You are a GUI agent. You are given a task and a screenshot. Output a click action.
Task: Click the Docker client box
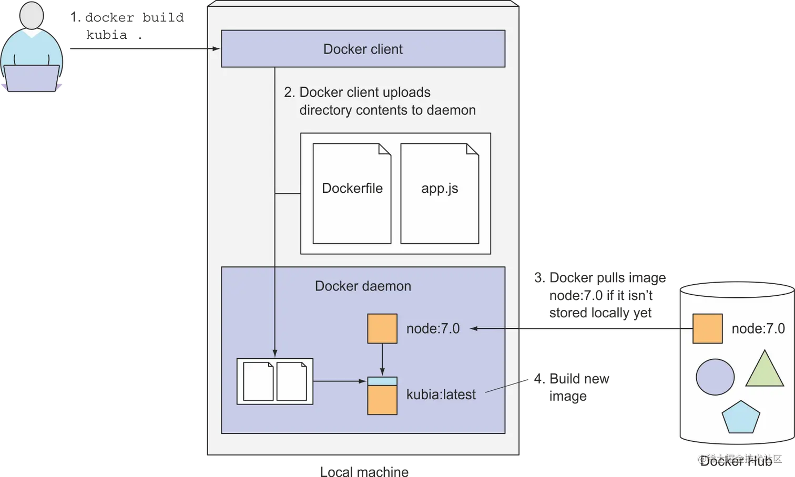pyautogui.click(x=363, y=49)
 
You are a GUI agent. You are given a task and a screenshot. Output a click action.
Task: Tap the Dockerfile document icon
pyautogui.click(x=352, y=194)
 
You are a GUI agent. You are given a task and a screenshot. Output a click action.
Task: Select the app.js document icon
pyautogui.click(x=440, y=194)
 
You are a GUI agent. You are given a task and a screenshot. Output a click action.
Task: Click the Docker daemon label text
pyautogui.click(x=363, y=286)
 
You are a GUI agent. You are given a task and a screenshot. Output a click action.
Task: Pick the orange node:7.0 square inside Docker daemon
pyautogui.click(x=382, y=329)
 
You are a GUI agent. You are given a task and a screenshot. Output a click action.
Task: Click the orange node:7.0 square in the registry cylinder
pyautogui.click(x=707, y=329)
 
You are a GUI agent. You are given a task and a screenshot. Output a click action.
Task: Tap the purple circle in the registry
pyautogui.click(x=715, y=377)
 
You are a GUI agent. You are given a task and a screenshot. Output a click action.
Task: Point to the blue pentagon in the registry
pyautogui.click(x=741, y=418)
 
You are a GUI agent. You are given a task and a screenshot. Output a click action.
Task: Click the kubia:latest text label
pyautogui.click(x=441, y=395)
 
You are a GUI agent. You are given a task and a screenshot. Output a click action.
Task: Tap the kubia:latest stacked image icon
pyautogui.click(x=382, y=396)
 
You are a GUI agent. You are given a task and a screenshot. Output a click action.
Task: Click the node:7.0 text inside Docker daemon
pyautogui.click(x=433, y=329)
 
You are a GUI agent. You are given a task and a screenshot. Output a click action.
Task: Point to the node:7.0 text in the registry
pyautogui.click(x=758, y=329)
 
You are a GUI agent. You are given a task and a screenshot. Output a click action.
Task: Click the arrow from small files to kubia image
pyautogui.click(x=340, y=381)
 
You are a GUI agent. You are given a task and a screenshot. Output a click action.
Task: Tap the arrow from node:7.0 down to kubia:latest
pyautogui.click(x=382, y=360)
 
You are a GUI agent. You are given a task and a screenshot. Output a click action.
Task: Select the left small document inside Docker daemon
pyautogui.click(x=258, y=381)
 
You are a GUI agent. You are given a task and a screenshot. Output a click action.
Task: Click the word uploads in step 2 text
pyautogui.click(x=406, y=92)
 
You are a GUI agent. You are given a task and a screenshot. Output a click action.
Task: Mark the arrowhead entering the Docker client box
pyautogui.click(x=217, y=49)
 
